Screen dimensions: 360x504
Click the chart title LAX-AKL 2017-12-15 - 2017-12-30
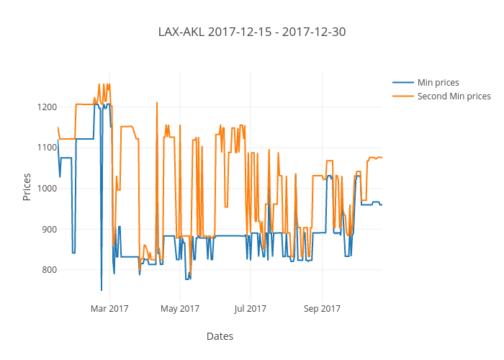[x=252, y=32]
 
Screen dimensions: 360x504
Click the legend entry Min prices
[x=438, y=82]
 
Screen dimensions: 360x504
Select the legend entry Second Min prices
[x=454, y=96]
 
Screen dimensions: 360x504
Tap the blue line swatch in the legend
[x=403, y=82]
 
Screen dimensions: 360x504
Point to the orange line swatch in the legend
[x=403, y=96]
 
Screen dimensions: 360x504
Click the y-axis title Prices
[x=27, y=186]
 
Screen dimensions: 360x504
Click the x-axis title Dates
[x=220, y=336]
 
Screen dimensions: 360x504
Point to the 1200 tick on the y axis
[x=47, y=107]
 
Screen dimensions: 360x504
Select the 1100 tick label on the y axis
[x=47, y=148]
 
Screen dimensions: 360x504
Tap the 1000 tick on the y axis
[x=47, y=189]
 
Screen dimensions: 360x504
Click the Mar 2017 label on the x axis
[x=109, y=309]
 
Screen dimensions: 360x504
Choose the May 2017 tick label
[x=180, y=309]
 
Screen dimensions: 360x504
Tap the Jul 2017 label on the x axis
[x=251, y=309]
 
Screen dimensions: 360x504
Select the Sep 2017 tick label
[x=322, y=309]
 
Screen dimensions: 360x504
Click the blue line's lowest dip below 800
[x=102, y=290]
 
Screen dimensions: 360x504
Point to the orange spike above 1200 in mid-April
[x=156, y=103]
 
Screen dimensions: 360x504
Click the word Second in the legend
[x=431, y=96]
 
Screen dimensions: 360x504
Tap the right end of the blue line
[x=382, y=205]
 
